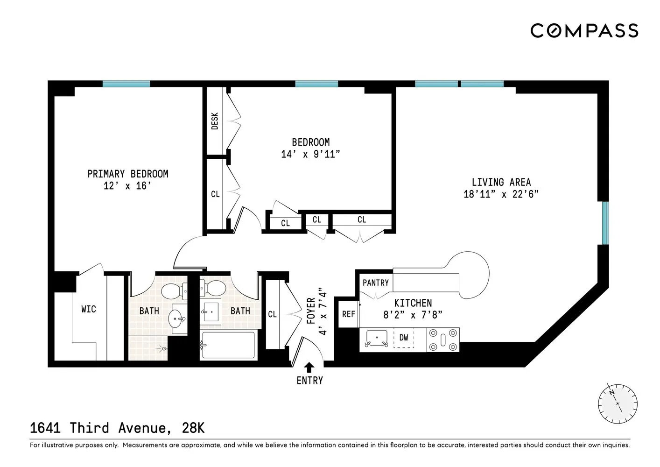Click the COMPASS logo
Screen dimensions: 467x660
[584, 31]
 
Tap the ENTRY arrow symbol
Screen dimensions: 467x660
[309, 367]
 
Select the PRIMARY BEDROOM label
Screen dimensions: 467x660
[127, 174]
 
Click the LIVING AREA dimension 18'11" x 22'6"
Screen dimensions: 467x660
[501, 194]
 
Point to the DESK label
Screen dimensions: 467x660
[215, 121]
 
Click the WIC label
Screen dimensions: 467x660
[88, 309]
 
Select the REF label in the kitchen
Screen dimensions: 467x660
[348, 314]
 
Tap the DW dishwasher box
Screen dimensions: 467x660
[403, 337]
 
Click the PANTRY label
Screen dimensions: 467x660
[375, 283]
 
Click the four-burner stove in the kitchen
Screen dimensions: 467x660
[443, 340]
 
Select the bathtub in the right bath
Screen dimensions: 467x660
[228, 345]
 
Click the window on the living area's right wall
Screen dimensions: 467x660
[605, 223]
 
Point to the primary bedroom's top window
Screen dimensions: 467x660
[126, 84]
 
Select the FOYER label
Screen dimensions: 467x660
[311, 311]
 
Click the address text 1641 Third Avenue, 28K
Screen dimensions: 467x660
[117, 428]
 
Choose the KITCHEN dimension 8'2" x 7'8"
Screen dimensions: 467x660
[413, 315]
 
